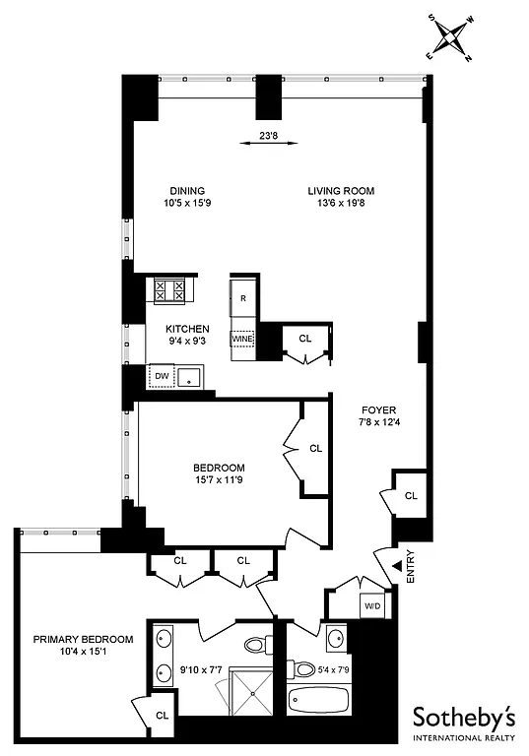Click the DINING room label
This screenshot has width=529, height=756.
click(x=185, y=191)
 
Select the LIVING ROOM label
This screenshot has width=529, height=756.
click(x=341, y=191)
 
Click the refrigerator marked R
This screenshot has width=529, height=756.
click(x=242, y=296)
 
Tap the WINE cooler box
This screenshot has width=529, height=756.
click(x=242, y=340)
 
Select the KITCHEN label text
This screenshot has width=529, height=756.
click(x=187, y=329)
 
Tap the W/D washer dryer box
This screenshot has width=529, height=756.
click(x=371, y=605)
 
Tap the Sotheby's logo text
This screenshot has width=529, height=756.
click(x=461, y=716)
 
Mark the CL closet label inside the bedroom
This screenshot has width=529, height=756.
click(x=315, y=448)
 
